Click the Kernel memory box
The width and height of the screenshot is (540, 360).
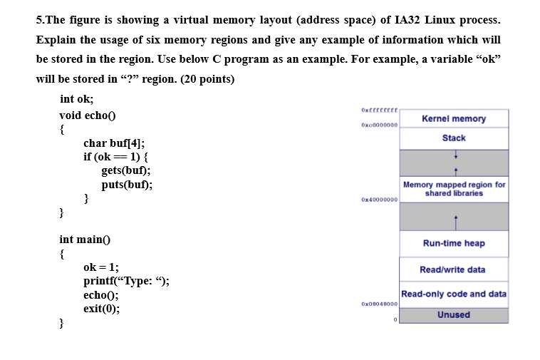pyautogui.click(x=453, y=118)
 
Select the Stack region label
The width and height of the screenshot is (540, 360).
pyautogui.click(x=453, y=138)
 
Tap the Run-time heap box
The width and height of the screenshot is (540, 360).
pyautogui.click(x=453, y=243)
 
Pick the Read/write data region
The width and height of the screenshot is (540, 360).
pyautogui.click(x=453, y=269)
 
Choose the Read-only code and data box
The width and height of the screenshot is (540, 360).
pyautogui.click(x=453, y=294)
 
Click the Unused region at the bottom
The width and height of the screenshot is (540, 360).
pyautogui.click(x=453, y=314)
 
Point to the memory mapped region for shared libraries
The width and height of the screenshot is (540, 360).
pyautogui.click(x=454, y=189)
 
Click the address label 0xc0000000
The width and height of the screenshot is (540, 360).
pyautogui.click(x=379, y=125)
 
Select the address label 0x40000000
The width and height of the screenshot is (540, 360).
pyautogui.click(x=379, y=200)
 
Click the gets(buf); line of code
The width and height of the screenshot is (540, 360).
pyautogui.click(x=126, y=170)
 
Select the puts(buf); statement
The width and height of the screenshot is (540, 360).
pyautogui.click(x=127, y=184)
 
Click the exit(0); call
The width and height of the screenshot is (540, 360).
pyautogui.click(x=101, y=309)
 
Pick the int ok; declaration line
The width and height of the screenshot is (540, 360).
pyautogui.click(x=77, y=99)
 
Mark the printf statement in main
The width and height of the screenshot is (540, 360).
pyautogui.click(x=126, y=281)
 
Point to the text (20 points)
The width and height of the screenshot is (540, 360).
pyautogui.click(x=208, y=78)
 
